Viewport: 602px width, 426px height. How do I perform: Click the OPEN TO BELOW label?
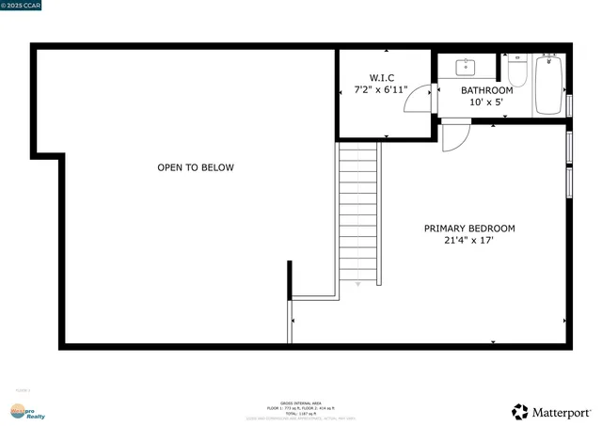tap(195, 167)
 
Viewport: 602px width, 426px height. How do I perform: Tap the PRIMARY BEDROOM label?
tap(469, 228)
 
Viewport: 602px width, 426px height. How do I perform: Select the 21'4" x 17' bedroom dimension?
tap(469, 241)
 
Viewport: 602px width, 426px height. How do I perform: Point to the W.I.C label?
tap(381, 78)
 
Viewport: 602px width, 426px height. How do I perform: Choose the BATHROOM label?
tap(486, 90)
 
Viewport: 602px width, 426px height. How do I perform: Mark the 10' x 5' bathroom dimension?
tap(486, 102)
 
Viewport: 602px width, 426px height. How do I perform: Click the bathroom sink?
tap(466, 67)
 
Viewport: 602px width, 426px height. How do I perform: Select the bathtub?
tap(548, 86)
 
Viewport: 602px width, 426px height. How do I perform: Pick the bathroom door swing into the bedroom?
tap(455, 136)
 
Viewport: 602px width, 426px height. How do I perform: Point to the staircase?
tap(359, 213)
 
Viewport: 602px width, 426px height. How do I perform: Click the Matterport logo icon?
tap(520, 411)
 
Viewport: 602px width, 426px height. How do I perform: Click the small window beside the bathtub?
tap(569, 103)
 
